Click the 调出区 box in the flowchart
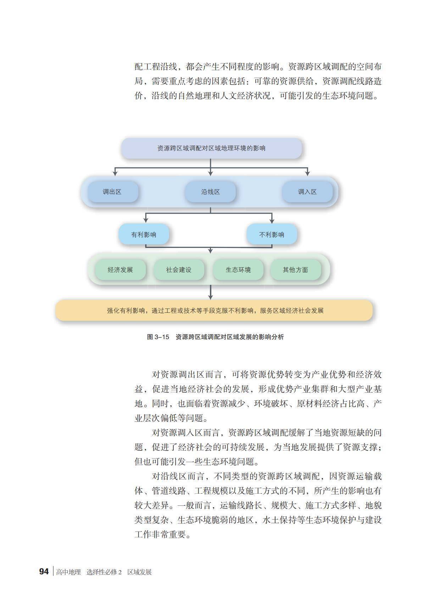point(112,192)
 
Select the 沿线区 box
point(210,192)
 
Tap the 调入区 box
point(307,192)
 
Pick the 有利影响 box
point(144,234)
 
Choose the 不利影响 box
point(272,234)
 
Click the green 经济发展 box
point(120,270)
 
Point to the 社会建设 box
point(179,270)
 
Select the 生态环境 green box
point(238,270)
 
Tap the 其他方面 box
point(295,270)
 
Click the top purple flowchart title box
point(211,148)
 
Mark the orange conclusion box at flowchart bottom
point(214,311)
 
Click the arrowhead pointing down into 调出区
point(115,173)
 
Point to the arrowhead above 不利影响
point(272,220)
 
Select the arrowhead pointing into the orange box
point(211,297)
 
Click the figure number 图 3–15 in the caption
point(158,337)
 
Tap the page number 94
point(44,571)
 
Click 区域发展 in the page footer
point(140,572)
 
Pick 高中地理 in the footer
point(68,572)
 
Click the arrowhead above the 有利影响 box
point(146,220)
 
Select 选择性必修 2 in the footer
point(104,572)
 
